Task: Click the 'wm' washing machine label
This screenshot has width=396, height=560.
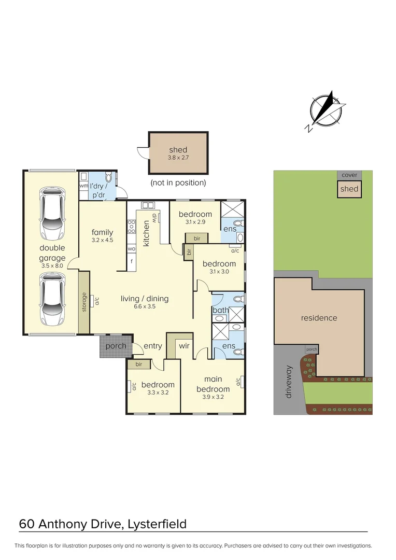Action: (x=83, y=186)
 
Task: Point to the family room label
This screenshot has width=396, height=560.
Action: (x=102, y=232)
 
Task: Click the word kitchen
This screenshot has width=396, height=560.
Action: (x=147, y=233)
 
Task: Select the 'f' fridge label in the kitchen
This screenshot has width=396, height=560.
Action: (x=131, y=261)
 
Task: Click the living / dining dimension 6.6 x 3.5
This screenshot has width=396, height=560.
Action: (x=145, y=306)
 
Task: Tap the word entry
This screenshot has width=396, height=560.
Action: (x=153, y=346)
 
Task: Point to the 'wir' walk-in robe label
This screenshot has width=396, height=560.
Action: (x=185, y=345)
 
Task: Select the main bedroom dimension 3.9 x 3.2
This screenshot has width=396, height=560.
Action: (x=213, y=398)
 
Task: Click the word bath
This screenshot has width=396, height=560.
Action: (x=219, y=310)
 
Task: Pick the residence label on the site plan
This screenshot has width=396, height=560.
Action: (x=319, y=318)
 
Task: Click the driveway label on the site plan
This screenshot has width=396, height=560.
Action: (x=289, y=382)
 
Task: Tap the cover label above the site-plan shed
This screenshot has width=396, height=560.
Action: (x=349, y=175)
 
